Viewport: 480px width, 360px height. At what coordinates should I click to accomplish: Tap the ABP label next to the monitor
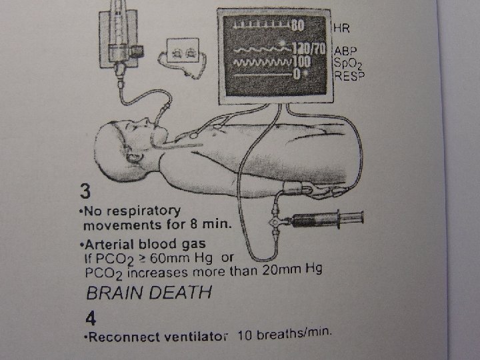(x=345, y=51)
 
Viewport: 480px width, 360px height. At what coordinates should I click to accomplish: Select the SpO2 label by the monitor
(x=347, y=64)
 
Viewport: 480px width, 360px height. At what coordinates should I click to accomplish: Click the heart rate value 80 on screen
(x=297, y=26)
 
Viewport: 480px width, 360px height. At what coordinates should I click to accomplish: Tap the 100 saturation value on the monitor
(x=303, y=62)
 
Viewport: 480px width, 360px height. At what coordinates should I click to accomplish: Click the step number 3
(x=84, y=192)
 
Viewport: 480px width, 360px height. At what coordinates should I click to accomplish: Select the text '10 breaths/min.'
(x=284, y=333)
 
